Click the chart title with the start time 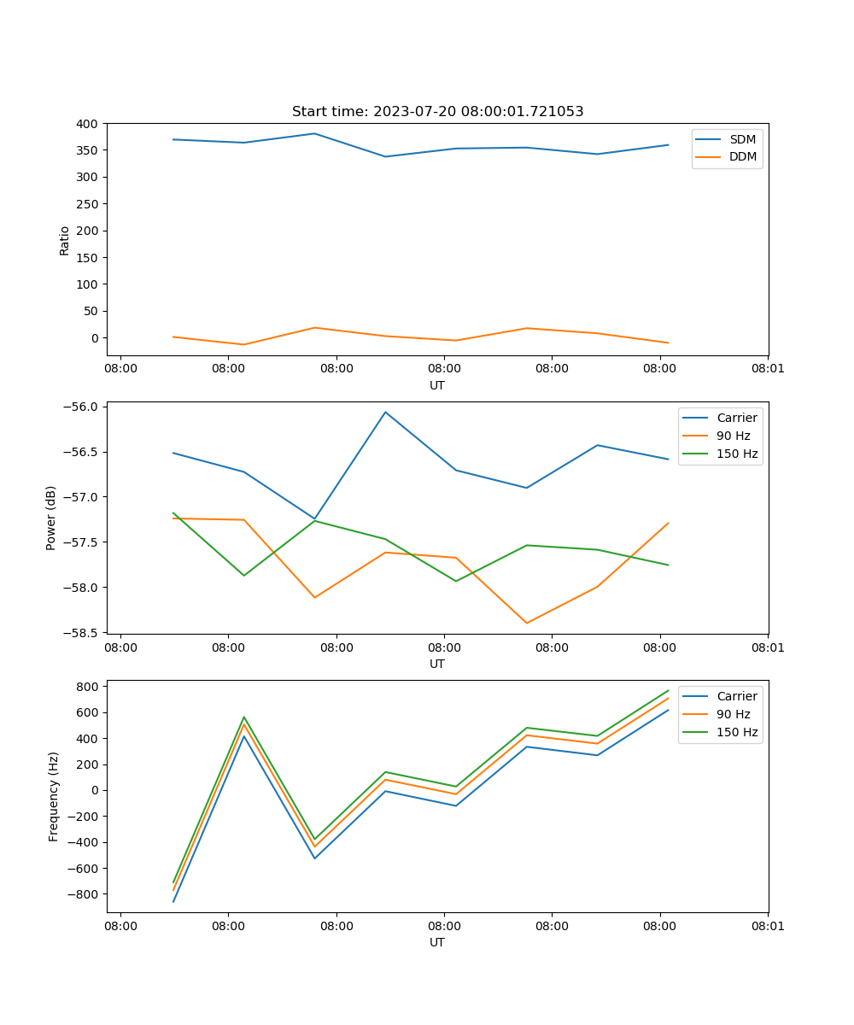coord(437,112)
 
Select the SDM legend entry coord(742,139)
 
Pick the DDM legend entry coord(742,157)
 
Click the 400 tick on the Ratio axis coord(88,124)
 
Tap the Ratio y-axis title coord(65,240)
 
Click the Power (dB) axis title coord(51,518)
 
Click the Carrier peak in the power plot coord(385,412)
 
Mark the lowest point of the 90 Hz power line coord(526,623)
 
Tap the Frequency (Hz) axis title coord(54,796)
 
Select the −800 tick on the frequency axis coord(85,894)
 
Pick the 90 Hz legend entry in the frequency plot coord(733,714)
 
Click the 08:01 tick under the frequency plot coord(768,924)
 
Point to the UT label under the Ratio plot coord(437,385)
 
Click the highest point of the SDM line coord(314,133)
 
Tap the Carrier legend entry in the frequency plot coord(736,696)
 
